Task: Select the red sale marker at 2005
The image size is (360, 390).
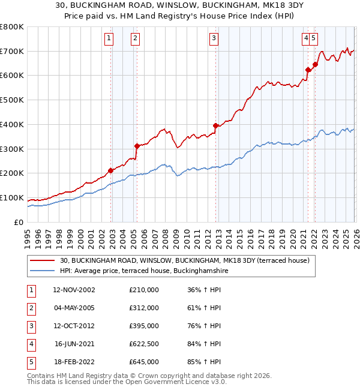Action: [137, 146]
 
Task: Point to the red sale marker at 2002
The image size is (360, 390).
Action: [111, 170]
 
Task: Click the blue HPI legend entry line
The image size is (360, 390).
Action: [43, 271]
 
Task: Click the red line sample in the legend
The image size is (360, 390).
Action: [43, 260]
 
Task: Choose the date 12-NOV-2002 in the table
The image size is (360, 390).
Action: [74, 290]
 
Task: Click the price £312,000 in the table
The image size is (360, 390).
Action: [144, 308]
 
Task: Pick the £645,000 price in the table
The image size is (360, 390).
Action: [144, 362]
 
